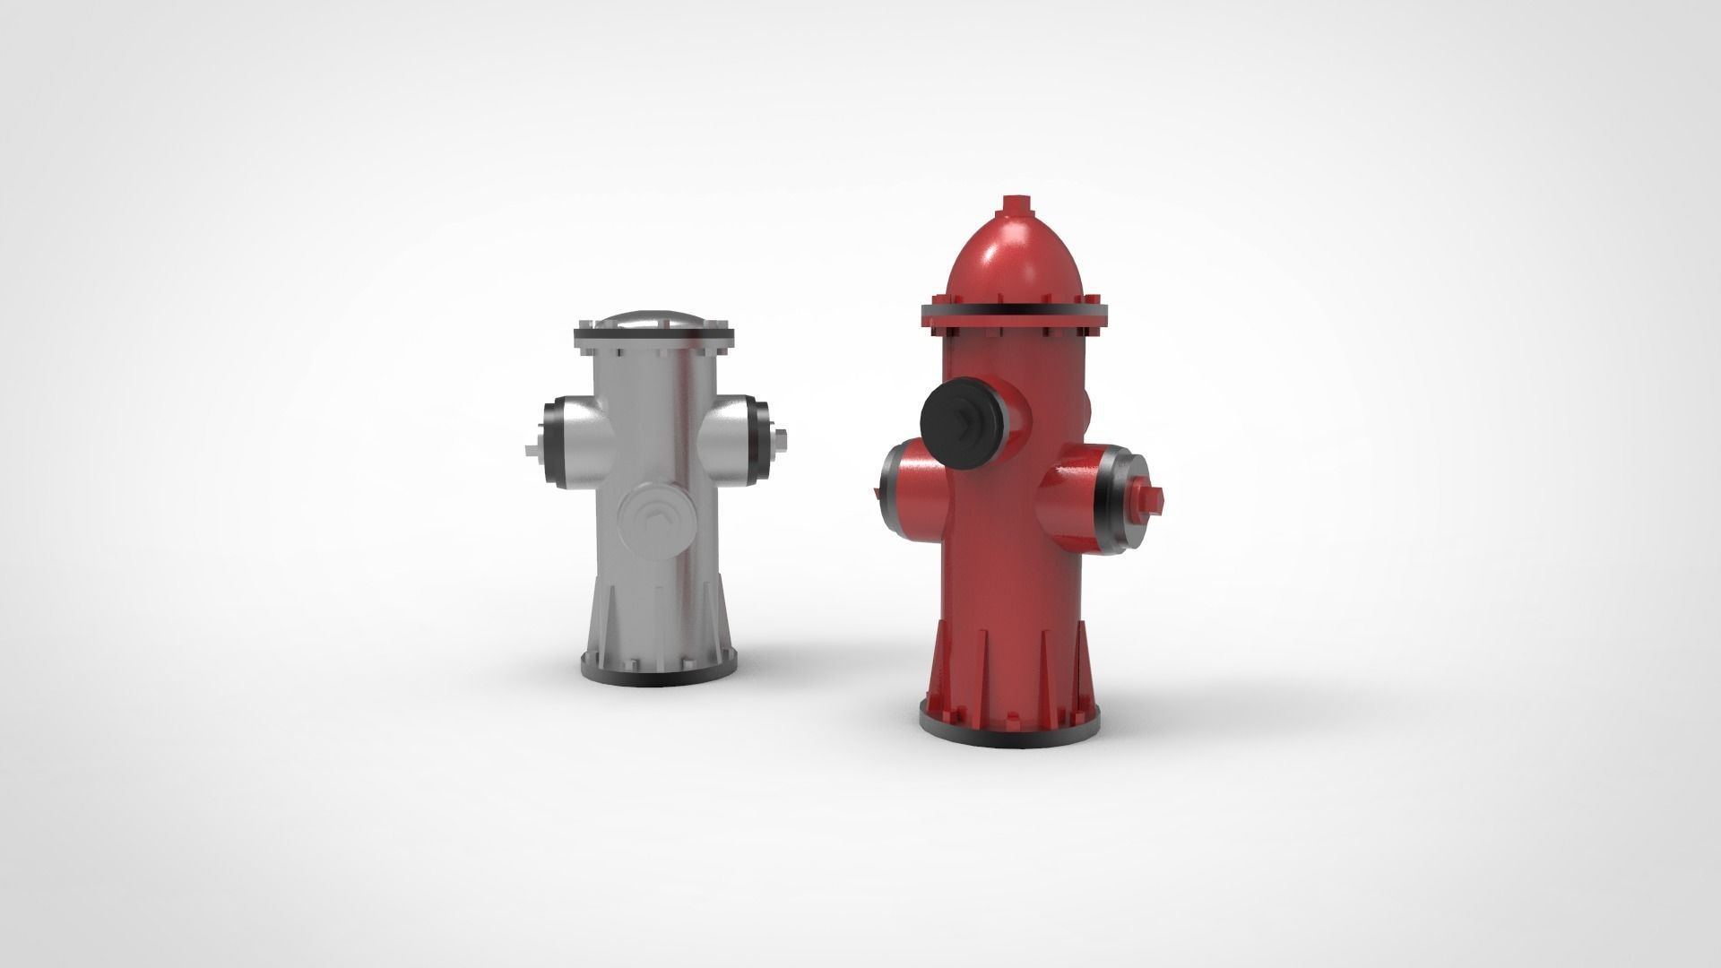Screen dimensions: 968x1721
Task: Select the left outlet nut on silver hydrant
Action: (x=532, y=449)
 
